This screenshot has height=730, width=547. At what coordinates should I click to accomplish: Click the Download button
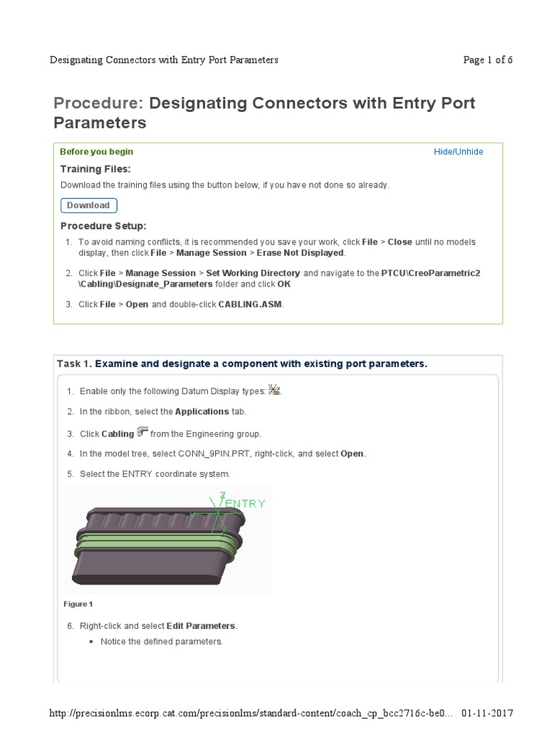[x=88, y=205]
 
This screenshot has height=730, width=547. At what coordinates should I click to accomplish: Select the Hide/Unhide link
[x=458, y=152]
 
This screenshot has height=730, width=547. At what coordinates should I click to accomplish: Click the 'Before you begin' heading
[x=96, y=152]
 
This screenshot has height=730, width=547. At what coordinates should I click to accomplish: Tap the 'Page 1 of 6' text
[x=488, y=60]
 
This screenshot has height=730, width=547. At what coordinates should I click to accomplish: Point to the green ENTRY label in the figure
[x=245, y=503]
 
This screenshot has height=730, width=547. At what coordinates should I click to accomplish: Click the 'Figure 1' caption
[x=78, y=604]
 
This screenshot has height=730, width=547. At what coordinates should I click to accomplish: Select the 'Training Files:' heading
[x=95, y=169]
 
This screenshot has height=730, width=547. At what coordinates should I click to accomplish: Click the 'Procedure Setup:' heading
[x=103, y=226]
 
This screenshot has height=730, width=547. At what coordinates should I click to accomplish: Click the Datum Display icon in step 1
[x=275, y=390]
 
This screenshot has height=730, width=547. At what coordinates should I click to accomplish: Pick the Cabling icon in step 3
[x=142, y=432]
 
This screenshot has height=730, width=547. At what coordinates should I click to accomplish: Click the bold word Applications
[x=202, y=411]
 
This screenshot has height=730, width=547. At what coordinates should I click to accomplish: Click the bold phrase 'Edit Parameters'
[x=201, y=626]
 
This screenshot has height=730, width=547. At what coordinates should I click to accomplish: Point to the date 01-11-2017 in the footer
[x=486, y=714]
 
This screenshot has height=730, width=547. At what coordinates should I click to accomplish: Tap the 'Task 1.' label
[x=74, y=364]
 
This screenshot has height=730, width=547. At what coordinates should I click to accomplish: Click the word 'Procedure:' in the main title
[x=98, y=103]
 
